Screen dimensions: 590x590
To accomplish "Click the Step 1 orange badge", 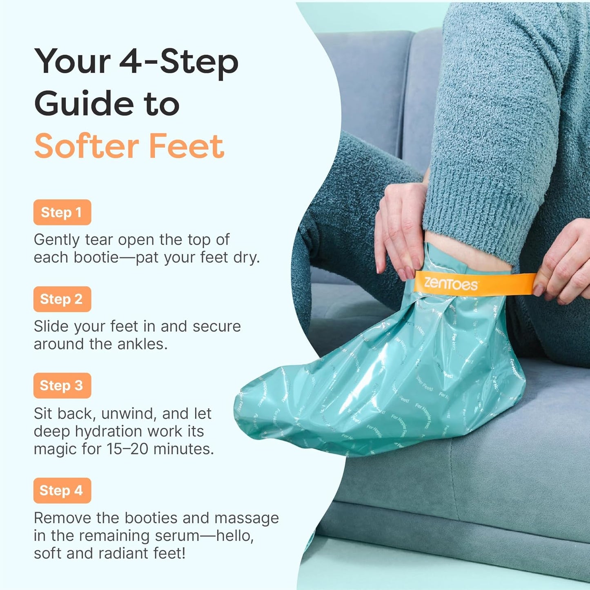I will pyautogui.click(x=62, y=212).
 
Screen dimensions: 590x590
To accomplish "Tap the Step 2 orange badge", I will pyautogui.click(x=62, y=299).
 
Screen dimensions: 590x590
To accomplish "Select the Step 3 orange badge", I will pyautogui.click(x=62, y=385).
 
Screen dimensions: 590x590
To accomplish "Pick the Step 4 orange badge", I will pyautogui.click(x=62, y=490).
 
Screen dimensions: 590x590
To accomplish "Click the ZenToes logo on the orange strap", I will pyautogui.click(x=450, y=283).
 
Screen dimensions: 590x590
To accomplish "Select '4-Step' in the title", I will pyautogui.click(x=179, y=62).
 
